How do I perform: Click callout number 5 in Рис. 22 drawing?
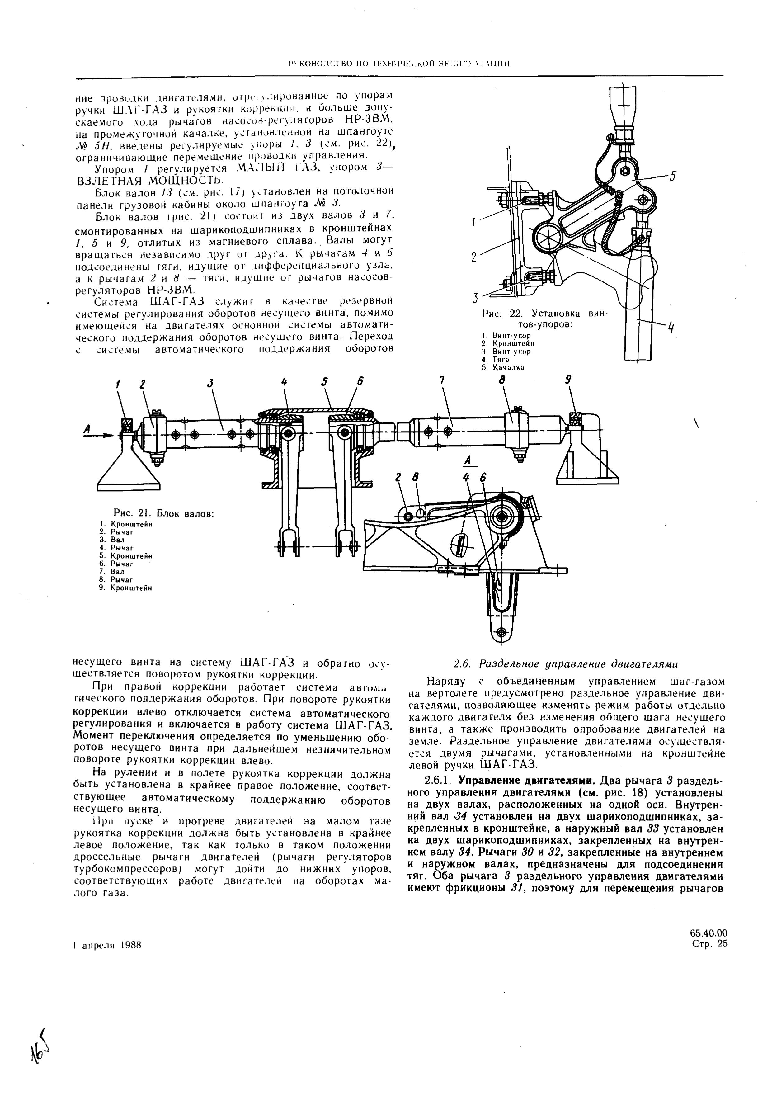coord(672,177)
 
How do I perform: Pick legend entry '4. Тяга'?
coord(496,359)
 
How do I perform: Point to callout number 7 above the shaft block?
coord(441,380)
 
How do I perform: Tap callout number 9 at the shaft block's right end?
coord(568,380)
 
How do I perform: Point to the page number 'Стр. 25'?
coord(709,943)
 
